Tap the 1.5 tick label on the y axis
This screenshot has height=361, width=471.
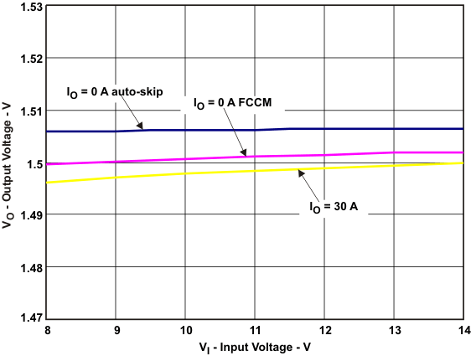[x=33, y=163]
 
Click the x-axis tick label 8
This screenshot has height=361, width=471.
[x=47, y=331]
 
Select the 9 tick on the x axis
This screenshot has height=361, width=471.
[x=116, y=331]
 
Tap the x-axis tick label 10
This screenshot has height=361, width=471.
[x=185, y=331]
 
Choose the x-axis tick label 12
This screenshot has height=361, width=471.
[x=323, y=331]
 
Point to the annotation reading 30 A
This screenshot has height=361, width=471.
[x=333, y=207]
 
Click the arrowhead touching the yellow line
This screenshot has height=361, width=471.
[x=299, y=171]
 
